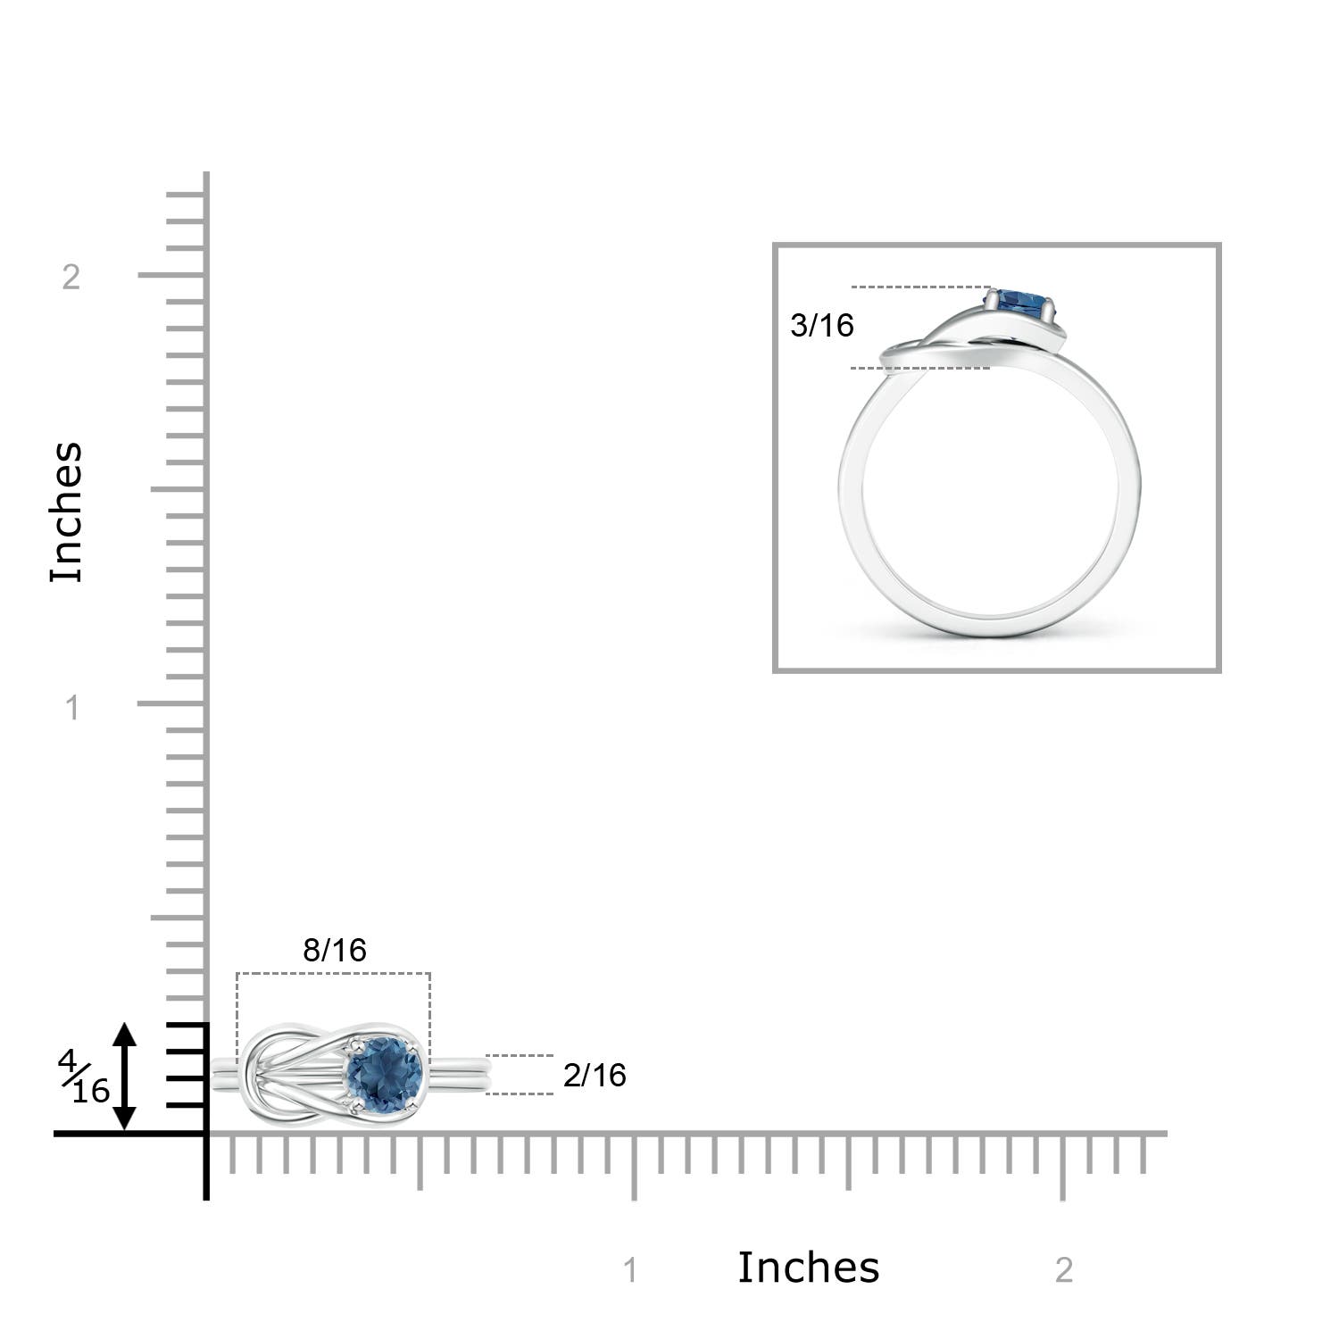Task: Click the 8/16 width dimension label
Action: (x=335, y=951)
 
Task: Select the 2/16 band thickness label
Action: (x=595, y=1076)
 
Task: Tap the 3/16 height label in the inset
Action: (x=822, y=326)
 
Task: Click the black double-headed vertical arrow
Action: (x=124, y=1077)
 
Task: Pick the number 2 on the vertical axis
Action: (x=71, y=277)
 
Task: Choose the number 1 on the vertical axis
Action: (x=72, y=708)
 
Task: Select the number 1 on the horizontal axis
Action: (x=630, y=1269)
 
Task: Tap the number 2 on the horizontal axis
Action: (x=1063, y=1269)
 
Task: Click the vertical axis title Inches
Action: (x=67, y=512)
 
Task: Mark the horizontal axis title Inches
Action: (x=808, y=1268)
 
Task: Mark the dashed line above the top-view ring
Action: (x=333, y=973)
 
